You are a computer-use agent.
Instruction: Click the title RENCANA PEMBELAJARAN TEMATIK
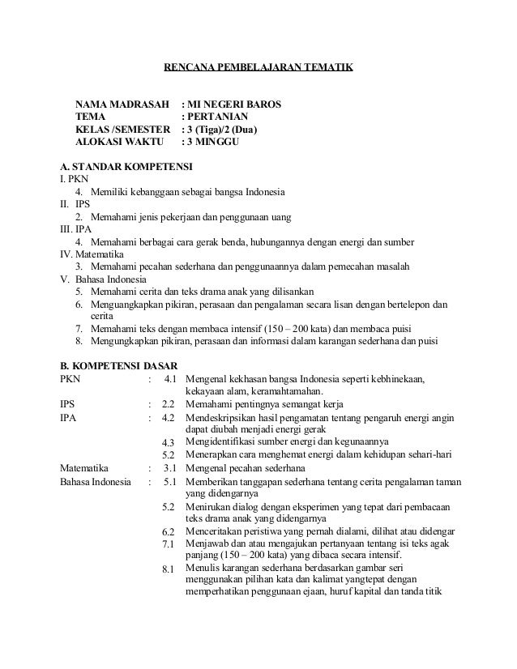tap(258, 67)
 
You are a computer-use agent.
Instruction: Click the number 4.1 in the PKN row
tap(170, 378)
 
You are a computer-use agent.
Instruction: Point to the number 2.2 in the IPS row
tap(169, 404)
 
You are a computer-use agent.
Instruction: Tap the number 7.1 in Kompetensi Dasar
tap(169, 543)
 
